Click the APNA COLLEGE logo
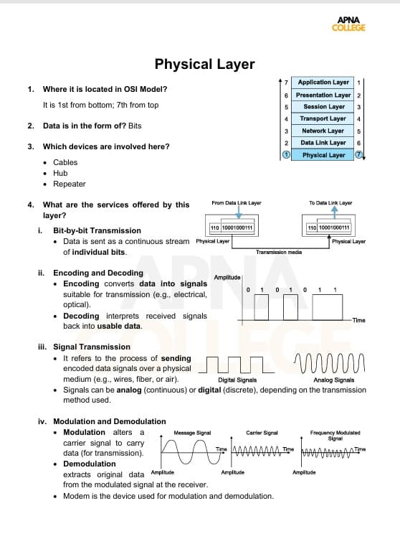click(x=349, y=24)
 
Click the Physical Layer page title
click(x=204, y=64)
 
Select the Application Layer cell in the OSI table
click(x=323, y=83)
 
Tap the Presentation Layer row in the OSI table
click(x=323, y=95)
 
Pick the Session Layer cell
click(x=323, y=107)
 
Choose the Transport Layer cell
click(x=323, y=118)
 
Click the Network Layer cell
click(x=323, y=131)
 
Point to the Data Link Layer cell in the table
click(x=323, y=143)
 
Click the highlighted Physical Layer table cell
click(x=323, y=155)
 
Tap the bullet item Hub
click(x=60, y=173)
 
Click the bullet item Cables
click(x=65, y=162)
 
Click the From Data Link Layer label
click(x=237, y=203)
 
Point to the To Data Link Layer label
click(x=330, y=203)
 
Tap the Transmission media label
click(x=280, y=253)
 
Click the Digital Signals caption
click(x=237, y=380)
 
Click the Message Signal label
click(x=192, y=433)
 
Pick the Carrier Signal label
click(x=262, y=433)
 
